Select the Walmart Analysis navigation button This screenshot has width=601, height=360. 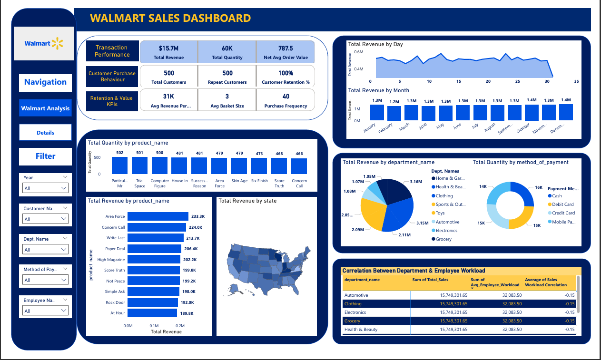(x=45, y=108)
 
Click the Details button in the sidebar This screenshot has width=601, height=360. (x=45, y=133)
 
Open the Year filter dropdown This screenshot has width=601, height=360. (x=46, y=188)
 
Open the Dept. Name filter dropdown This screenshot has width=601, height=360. (x=46, y=250)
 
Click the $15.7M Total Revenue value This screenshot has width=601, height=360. (x=169, y=48)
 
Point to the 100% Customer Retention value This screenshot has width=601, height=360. (x=286, y=73)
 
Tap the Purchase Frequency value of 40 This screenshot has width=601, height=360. (x=286, y=97)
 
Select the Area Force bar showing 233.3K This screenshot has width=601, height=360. (x=158, y=216)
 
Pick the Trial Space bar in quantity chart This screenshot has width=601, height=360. (x=140, y=165)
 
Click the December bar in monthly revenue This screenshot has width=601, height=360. (x=566, y=112)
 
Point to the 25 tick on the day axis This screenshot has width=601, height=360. (x=517, y=81)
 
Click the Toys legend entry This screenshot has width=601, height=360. (x=440, y=213)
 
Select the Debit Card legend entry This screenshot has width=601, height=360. (x=563, y=204)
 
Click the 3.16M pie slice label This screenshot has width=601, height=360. (x=416, y=181)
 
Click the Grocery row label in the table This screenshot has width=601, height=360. (x=353, y=321)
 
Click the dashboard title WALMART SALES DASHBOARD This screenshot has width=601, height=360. (x=170, y=19)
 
